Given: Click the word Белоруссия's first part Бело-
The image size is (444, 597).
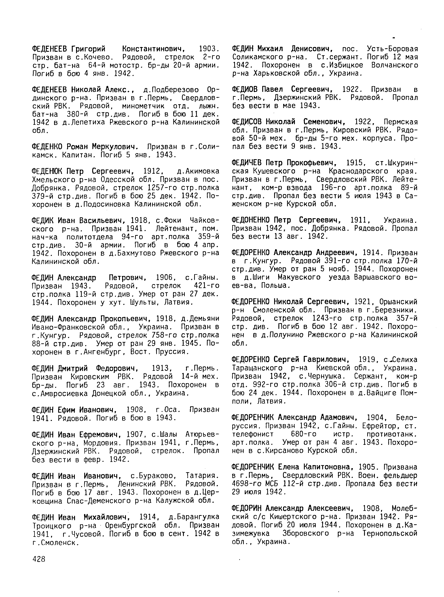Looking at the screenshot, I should [406, 418].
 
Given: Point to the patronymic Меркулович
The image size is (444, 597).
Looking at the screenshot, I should [115, 147].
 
